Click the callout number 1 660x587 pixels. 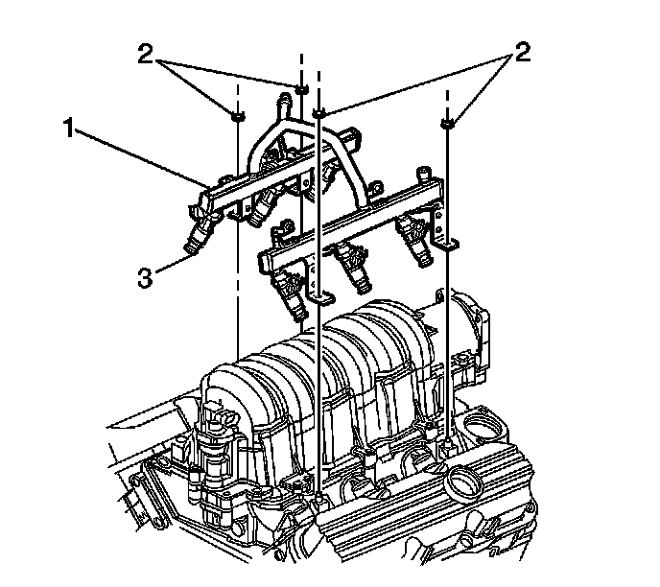point(69,128)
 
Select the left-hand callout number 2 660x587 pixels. point(145,55)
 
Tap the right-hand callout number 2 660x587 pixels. point(523,53)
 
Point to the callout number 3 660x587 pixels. point(145,278)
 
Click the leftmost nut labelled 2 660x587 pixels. point(238,117)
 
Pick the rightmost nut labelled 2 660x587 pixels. point(447,123)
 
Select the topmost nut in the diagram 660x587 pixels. point(301,89)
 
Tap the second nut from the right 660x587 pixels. point(318,112)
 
